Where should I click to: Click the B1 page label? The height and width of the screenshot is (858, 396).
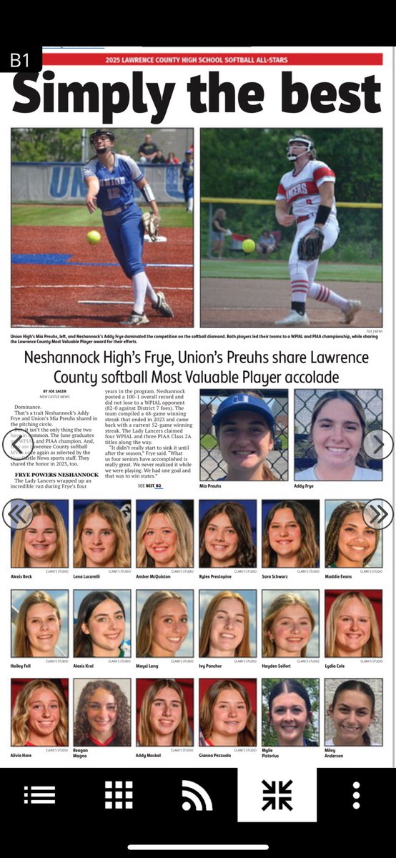click(19, 61)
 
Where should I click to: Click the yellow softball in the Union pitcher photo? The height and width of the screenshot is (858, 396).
click(94, 237)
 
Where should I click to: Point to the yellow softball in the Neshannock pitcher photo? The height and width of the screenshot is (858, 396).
click(248, 245)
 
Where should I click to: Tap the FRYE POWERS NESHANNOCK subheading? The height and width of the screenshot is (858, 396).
click(56, 475)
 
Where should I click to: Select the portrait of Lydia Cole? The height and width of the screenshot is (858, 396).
click(353, 623)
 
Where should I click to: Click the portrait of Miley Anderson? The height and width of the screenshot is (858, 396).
click(353, 712)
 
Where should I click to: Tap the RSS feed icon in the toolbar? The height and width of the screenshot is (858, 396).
click(197, 795)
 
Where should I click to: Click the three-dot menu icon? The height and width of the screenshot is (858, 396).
click(356, 795)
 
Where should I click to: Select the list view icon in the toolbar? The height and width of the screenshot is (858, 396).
click(39, 795)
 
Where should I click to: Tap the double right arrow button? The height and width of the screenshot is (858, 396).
click(378, 513)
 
